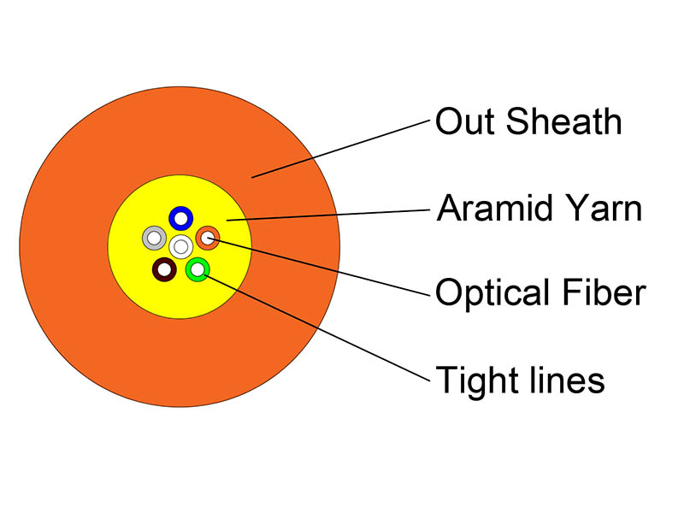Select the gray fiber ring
point(146,239)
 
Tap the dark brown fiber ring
point(156,269)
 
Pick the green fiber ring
point(190,269)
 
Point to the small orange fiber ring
point(200,239)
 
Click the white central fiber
point(181,247)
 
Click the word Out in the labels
point(465,121)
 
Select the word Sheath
point(563,121)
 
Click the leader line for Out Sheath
point(341,149)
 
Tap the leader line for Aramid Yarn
point(328,215)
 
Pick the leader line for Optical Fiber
point(319,267)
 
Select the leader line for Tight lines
point(317,328)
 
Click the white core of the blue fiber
point(181,219)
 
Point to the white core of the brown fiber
point(164,269)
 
